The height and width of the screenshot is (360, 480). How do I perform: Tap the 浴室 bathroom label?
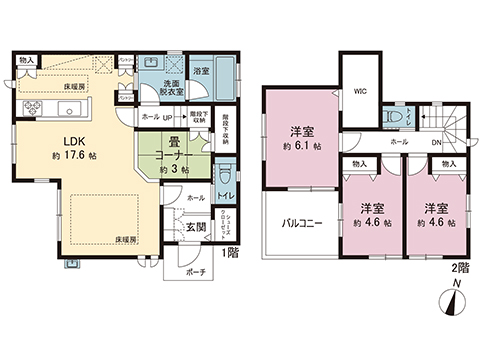[201, 71]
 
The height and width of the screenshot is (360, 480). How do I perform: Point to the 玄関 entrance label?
[194, 226]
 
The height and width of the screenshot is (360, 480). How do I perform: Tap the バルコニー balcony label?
[301, 223]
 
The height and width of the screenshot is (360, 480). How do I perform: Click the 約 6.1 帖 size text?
[301, 146]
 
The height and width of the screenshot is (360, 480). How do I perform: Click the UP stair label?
[167, 116]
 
